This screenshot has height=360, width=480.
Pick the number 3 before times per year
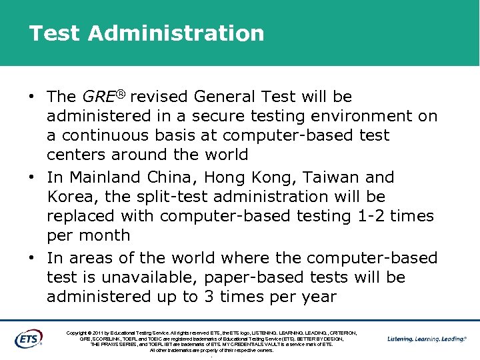pyautogui.click(x=209, y=297)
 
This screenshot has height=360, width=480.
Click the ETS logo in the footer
pyautogui.click(x=29, y=338)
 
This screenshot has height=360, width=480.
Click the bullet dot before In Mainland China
pyautogui.click(x=31, y=178)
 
